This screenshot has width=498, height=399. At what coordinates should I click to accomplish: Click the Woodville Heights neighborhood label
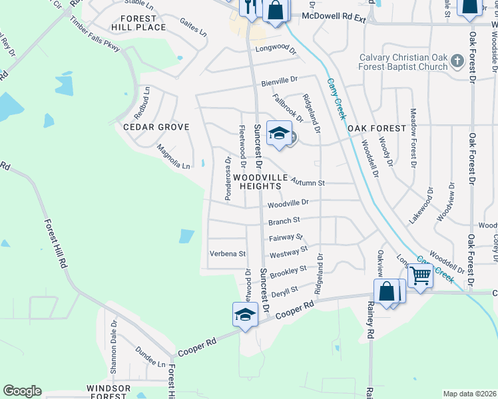pyautogui.click(x=260, y=182)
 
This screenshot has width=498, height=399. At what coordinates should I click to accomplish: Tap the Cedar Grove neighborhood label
pyautogui.click(x=156, y=126)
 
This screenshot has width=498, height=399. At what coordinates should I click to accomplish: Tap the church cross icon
pyautogui.click(x=457, y=62)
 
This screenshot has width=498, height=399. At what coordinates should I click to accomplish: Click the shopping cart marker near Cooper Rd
pyautogui.click(x=419, y=275)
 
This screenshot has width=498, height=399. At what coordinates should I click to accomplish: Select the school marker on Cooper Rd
pyautogui.click(x=245, y=315)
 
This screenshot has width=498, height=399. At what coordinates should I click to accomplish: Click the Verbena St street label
pyautogui.click(x=228, y=253)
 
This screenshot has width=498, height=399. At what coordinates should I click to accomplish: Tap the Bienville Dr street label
pyautogui.click(x=279, y=82)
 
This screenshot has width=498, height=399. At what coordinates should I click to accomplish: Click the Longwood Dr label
pyautogui.click(x=275, y=49)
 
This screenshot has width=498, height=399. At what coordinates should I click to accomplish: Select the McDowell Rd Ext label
pyautogui.click(x=334, y=15)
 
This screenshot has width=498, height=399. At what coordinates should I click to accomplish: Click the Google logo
pyautogui.click(x=22, y=391)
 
